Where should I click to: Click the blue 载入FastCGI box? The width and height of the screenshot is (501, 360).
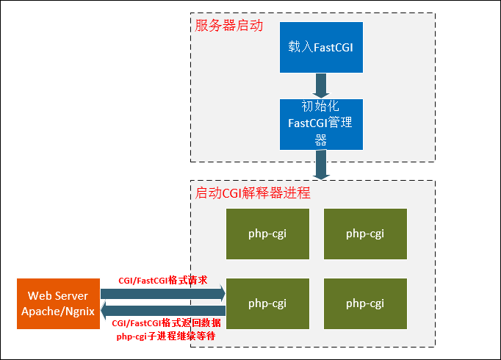(321, 47)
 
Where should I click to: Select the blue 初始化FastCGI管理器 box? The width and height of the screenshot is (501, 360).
(321, 124)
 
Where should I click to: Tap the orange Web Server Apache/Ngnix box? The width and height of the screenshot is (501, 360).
(58, 303)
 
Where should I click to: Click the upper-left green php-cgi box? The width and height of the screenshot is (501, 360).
(267, 234)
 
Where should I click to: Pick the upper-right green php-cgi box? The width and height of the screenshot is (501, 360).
(365, 234)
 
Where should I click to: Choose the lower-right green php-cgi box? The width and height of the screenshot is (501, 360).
(365, 303)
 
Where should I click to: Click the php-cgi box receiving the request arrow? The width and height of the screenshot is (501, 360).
(267, 303)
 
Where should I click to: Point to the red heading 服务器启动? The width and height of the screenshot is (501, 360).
(228, 25)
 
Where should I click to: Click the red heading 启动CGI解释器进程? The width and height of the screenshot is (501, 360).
(253, 193)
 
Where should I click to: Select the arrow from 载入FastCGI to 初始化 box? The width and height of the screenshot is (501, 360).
(321, 86)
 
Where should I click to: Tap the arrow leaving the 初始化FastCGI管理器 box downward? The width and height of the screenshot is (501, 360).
(321, 165)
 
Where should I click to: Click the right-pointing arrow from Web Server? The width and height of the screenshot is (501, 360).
(163, 294)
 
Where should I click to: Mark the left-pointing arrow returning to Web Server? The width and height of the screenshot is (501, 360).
(163, 311)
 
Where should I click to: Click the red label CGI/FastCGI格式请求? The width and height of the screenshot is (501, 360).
(162, 281)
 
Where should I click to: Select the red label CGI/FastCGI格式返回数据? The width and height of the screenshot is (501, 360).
(166, 323)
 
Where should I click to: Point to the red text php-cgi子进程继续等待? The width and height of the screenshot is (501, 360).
(166, 336)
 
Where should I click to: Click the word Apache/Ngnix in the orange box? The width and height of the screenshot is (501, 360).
(58, 311)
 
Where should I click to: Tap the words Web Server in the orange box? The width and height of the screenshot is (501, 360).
(58, 295)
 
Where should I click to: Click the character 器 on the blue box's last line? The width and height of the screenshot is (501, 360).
(321, 140)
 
